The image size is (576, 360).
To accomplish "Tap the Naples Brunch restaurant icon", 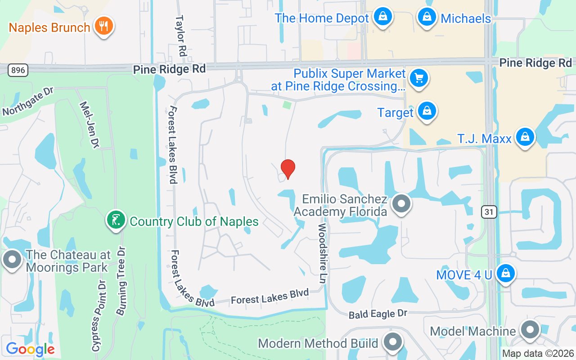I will click(103, 26).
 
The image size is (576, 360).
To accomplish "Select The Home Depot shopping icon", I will click(382, 17).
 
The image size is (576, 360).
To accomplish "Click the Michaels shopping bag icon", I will click(426, 17).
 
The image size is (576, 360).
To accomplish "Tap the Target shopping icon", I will click(426, 111).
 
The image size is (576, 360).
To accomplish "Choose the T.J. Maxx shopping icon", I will click(524, 137).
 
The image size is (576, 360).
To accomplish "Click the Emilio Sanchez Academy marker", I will click(401, 204).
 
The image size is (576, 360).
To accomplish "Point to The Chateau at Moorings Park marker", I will click(12, 260).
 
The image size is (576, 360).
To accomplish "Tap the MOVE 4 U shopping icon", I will click(505, 273).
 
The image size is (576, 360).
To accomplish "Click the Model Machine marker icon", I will click(530, 330).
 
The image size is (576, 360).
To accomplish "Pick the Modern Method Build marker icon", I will click(392, 342).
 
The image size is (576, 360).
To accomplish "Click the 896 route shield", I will click(18, 70).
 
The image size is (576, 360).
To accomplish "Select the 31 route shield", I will click(488, 211).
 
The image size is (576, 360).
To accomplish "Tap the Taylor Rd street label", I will click(181, 36).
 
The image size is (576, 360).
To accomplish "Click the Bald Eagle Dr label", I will click(378, 314).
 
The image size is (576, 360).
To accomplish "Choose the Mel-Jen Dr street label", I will click(89, 124).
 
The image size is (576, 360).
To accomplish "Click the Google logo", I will click(30, 349).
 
